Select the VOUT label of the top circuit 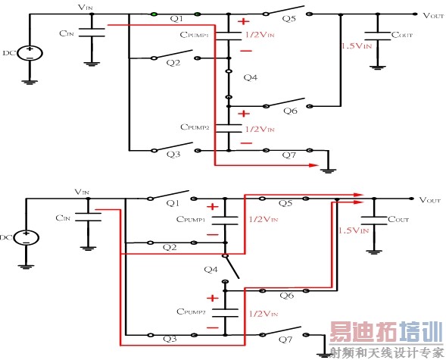tap(433, 14)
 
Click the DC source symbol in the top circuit tap(30, 53)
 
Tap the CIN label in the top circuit tap(64, 33)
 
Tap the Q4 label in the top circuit tap(250, 77)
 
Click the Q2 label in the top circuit tap(173, 64)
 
